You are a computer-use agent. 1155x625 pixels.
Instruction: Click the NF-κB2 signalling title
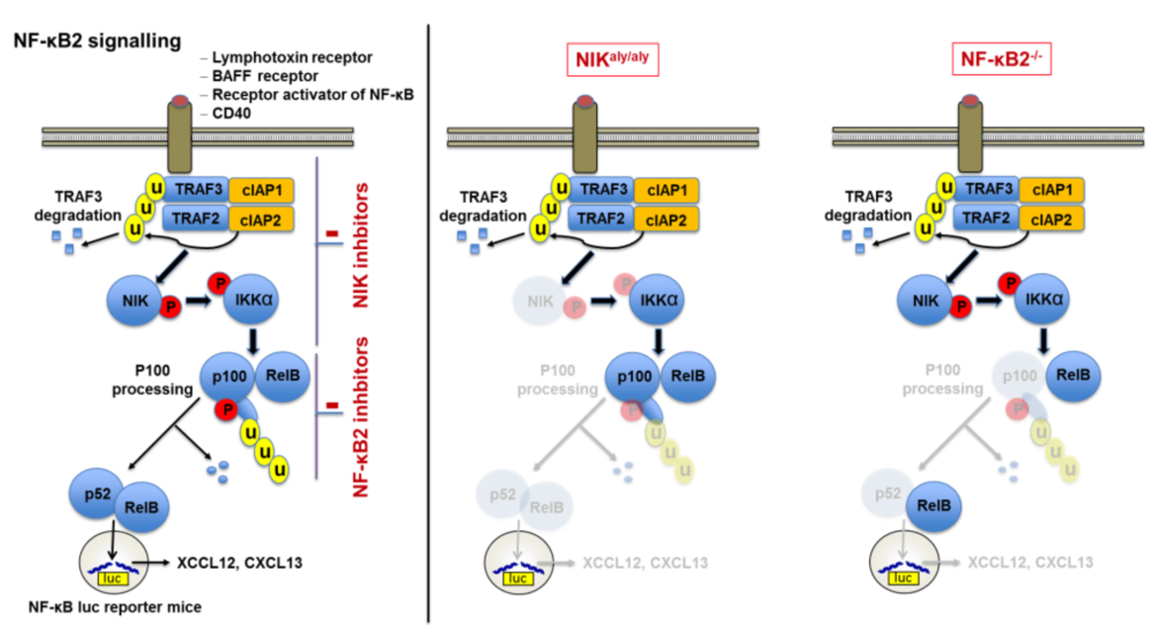click(x=96, y=42)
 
